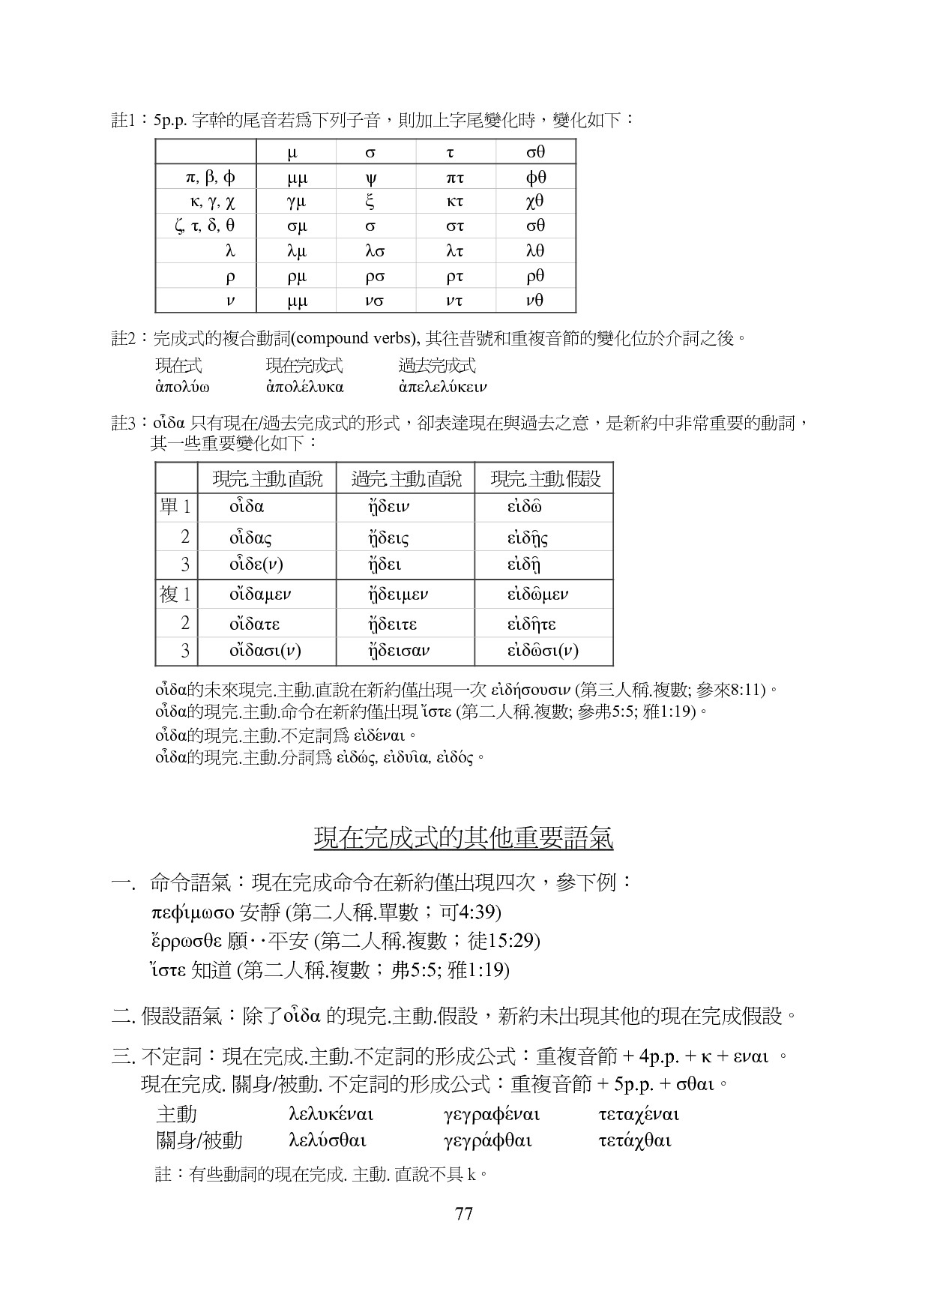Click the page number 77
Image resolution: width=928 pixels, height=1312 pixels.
click(463, 1214)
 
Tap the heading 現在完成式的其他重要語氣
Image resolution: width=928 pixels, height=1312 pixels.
click(463, 837)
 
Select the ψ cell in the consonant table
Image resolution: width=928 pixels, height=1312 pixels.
click(370, 178)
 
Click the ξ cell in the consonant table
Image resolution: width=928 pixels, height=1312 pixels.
click(370, 202)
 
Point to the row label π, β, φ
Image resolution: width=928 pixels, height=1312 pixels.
click(211, 177)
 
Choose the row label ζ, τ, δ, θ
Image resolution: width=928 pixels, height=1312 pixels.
click(205, 226)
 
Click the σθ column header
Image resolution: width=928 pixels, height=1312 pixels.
click(535, 152)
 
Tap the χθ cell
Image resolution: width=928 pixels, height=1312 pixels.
click(535, 202)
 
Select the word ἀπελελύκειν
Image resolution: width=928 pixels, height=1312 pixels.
click(443, 388)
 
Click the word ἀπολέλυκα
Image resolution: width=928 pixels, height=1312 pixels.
click(304, 388)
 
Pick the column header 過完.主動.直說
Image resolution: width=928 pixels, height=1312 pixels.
click(406, 478)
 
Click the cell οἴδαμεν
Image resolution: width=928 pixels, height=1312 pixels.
click(260, 595)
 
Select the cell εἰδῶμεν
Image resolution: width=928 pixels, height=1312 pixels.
click(537, 595)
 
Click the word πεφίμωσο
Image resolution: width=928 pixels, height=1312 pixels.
click(193, 912)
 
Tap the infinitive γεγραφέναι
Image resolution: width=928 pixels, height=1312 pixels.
click(492, 1115)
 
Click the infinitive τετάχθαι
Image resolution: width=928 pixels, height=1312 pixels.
click(634, 1141)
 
